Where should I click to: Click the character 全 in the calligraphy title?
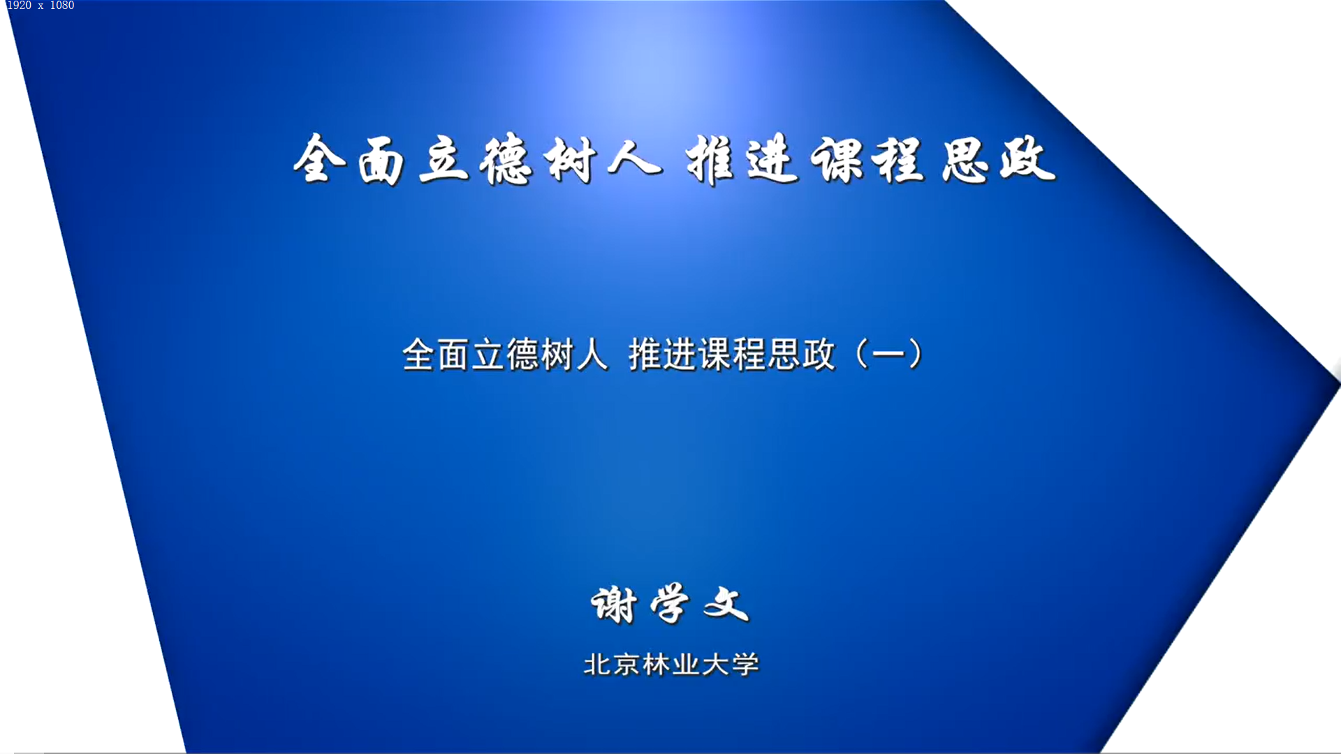click(320, 158)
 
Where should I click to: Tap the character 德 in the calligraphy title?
click(506, 161)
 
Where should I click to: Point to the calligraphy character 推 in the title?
click(710, 160)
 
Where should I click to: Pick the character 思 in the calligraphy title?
click(965, 161)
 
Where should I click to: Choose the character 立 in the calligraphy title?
click(444, 160)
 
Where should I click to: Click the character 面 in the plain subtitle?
click(453, 354)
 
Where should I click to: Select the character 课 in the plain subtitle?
click(714, 354)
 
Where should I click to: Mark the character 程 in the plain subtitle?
click(748, 354)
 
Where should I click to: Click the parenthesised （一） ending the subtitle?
click(889, 354)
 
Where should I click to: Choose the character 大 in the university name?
click(715, 664)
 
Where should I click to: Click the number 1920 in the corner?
click(19, 6)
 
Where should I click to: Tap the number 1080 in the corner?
click(62, 6)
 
